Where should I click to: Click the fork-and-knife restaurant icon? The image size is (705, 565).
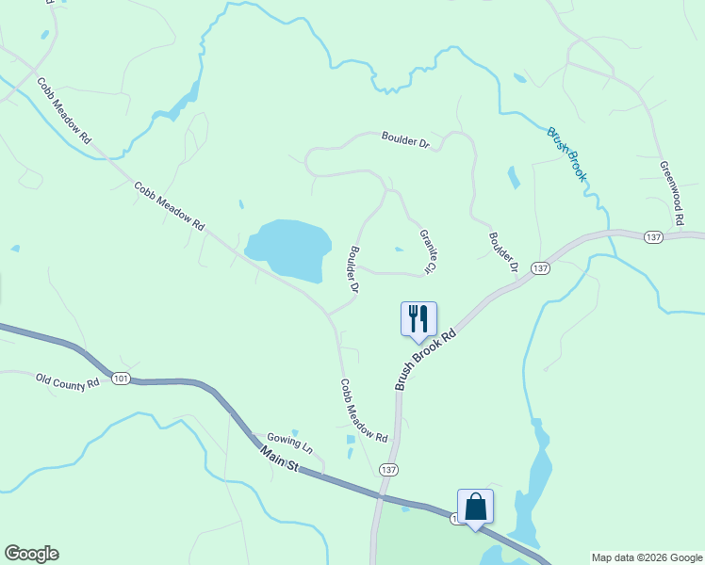click(x=418, y=318)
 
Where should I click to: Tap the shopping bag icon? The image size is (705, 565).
click(x=475, y=506)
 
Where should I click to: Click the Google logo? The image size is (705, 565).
click(x=31, y=554)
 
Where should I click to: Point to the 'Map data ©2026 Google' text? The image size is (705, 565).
click(x=646, y=557)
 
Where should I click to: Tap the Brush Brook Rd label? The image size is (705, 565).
click(x=426, y=359)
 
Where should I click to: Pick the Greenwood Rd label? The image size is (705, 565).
click(x=671, y=192)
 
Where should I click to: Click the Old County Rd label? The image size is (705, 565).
click(x=68, y=382)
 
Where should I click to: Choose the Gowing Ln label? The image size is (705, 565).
click(x=288, y=441)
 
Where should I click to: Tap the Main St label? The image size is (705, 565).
click(x=279, y=461)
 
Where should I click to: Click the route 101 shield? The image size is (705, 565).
click(x=120, y=379)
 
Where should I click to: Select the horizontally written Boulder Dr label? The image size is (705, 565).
click(x=405, y=141)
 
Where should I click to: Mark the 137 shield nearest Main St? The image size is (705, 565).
click(x=387, y=468)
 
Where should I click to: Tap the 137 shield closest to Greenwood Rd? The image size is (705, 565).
click(x=652, y=237)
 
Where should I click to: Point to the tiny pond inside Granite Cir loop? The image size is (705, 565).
click(x=400, y=250)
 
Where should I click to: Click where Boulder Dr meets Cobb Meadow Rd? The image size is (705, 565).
click(x=329, y=313)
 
